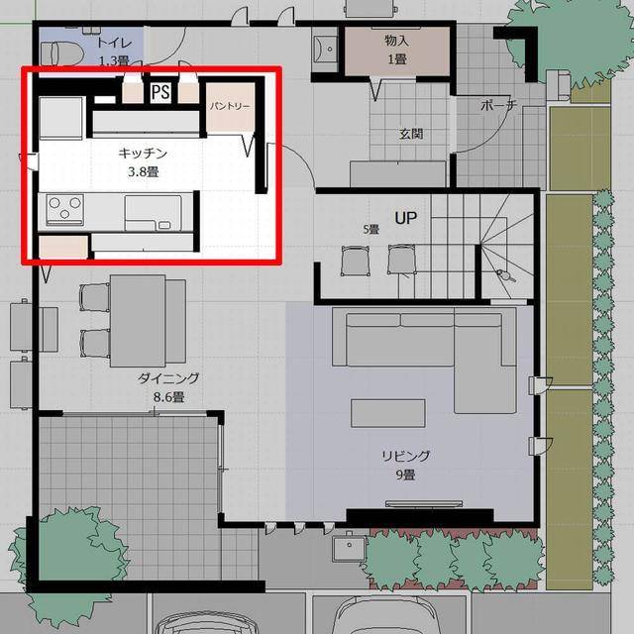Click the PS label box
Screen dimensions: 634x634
click(x=160, y=92)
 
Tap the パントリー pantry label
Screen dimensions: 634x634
click(x=230, y=106)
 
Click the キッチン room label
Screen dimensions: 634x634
click(x=143, y=154)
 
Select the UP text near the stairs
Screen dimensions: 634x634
click(x=405, y=218)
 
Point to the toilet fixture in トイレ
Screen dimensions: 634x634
click(x=61, y=53)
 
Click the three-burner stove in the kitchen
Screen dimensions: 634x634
click(x=64, y=209)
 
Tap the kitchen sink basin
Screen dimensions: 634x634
click(x=154, y=213)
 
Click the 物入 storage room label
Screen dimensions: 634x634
click(x=396, y=41)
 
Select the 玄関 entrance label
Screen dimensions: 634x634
click(x=411, y=134)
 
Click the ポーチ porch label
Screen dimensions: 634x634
click(x=499, y=105)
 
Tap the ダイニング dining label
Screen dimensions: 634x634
click(x=168, y=378)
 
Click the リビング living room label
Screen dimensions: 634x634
click(x=405, y=456)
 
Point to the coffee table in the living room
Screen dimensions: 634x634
click(x=388, y=413)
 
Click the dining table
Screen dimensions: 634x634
click(x=138, y=321)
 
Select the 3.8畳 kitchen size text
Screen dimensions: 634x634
click(x=143, y=172)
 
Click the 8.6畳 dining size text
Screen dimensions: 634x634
click(x=168, y=397)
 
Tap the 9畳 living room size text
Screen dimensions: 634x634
click(x=405, y=475)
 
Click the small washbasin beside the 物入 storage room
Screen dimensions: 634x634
click(x=325, y=48)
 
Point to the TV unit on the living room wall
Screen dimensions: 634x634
click(x=424, y=504)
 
